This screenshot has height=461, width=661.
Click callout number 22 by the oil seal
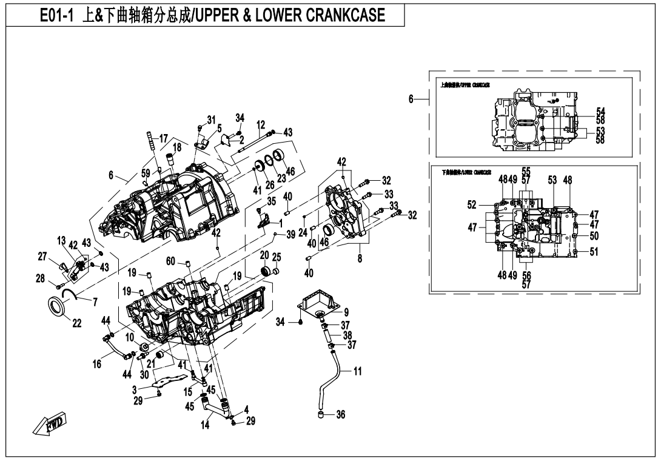pos(76,323)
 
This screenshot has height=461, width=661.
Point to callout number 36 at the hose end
pos(340,415)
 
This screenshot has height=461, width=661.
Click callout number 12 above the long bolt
pos(261,124)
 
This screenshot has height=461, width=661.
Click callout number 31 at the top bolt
pos(211,119)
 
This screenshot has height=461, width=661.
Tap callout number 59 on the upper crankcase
pos(146,173)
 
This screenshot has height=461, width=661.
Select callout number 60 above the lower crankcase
pos(171,261)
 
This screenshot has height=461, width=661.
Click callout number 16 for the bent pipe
pos(97,364)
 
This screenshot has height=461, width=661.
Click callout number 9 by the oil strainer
pos(346,312)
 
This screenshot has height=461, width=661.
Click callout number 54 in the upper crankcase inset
pos(600,111)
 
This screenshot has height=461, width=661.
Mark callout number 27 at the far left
pos(42,257)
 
